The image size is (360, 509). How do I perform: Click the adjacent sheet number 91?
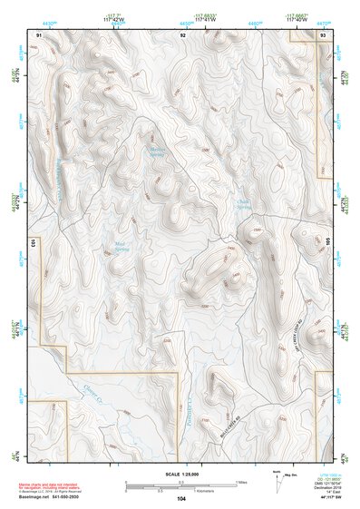(39, 34)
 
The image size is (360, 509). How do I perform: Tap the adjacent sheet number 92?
(182, 34)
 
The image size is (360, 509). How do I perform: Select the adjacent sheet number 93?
(324, 34)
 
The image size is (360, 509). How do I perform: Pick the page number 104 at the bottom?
(181, 499)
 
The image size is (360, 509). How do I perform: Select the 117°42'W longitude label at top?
(117, 20)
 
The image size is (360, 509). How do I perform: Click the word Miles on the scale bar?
(241, 482)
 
